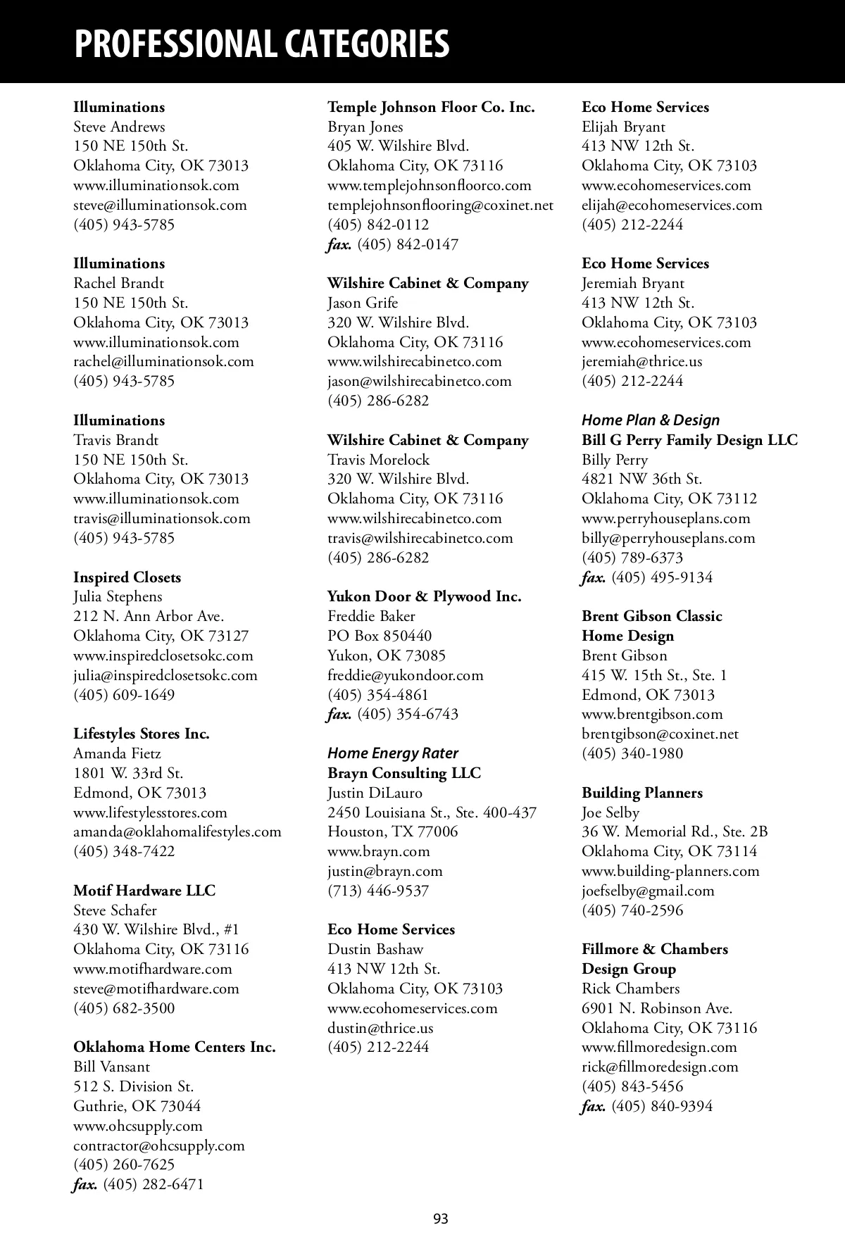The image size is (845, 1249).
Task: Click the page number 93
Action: (x=441, y=1219)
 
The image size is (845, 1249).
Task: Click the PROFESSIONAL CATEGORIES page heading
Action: (x=261, y=44)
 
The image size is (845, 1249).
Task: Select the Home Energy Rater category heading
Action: (x=393, y=753)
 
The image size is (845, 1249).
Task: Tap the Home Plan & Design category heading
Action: (x=651, y=420)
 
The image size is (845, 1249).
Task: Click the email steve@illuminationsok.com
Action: (x=160, y=205)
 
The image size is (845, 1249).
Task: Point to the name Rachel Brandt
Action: (x=118, y=283)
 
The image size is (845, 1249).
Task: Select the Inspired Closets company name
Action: (x=127, y=577)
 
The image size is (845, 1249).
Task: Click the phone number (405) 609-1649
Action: (x=124, y=695)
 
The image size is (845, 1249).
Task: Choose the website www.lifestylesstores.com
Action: (x=150, y=812)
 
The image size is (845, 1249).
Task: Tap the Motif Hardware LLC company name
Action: (x=144, y=891)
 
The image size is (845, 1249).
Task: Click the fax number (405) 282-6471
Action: (x=153, y=1184)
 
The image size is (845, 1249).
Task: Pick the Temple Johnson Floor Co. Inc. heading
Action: (x=431, y=107)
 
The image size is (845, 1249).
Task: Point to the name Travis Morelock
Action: (x=378, y=460)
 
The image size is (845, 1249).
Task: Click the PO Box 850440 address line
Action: (x=380, y=636)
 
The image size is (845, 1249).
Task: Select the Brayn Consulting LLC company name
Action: (x=404, y=773)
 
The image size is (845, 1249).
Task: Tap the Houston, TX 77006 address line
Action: (x=392, y=831)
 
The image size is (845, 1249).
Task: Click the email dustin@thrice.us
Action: (x=380, y=1027)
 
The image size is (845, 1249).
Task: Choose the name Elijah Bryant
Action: (x=623, y=127)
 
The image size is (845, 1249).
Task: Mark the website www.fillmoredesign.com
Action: (x=659, y=1047)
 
